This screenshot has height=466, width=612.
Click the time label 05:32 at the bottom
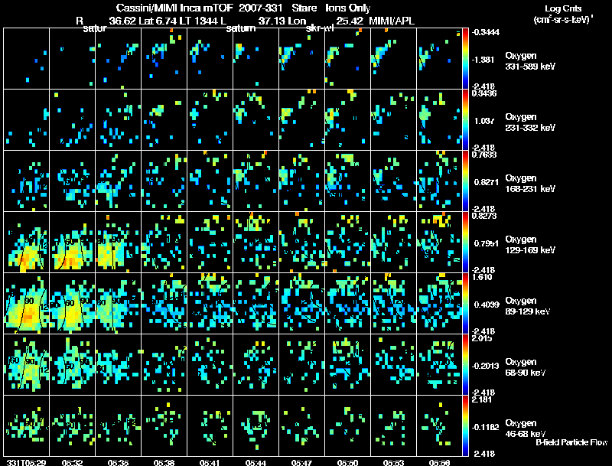click(73, 462)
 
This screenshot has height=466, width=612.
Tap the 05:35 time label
click(119, 462)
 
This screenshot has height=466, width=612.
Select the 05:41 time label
click(210, 462)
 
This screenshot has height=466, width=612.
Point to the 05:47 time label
click(302, 462)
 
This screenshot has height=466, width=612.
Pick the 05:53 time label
click(394, 462)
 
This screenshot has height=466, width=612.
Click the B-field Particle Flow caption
click(571, 443)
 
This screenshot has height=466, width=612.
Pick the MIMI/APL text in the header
click(390, 21)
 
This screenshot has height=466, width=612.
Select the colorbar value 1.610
click(484, 279)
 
